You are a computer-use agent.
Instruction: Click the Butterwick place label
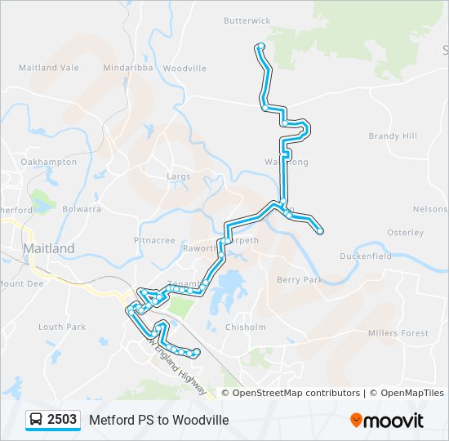click(x=247, y=20)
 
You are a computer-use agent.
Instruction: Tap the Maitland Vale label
click(x=49, y=68)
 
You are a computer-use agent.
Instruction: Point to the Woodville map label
click(x=184, y=69)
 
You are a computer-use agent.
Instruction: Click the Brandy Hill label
click(x=392, y=136)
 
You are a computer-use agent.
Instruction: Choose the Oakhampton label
click(x=49, y=163)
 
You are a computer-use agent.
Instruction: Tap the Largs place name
click(x=178, y=176)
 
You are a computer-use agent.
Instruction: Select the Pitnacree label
click(x=154, y=241)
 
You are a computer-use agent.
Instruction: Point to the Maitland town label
click(x=49, y=248)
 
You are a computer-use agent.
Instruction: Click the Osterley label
click(x=405, y=233)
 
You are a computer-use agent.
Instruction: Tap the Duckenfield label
click(x=366, y=256)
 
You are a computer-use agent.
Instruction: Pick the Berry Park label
click(x=300, y=280)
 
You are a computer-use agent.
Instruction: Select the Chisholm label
click(x=245, y=327)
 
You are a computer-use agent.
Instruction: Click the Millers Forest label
click(x=398, y=333)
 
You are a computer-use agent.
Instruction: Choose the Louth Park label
click(x=62, y=327)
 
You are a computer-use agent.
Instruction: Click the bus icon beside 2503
click(x=36, y=420)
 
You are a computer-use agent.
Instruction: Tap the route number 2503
click(x=62, y=420)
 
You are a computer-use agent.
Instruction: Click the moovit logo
click(x=387, y=421)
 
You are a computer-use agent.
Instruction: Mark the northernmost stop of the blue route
click(x=260, y=47)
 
